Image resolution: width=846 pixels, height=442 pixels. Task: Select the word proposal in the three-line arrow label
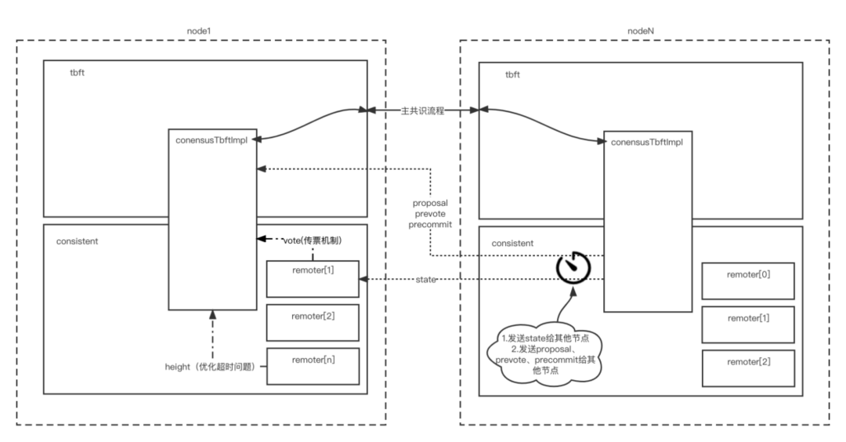coord(430,203)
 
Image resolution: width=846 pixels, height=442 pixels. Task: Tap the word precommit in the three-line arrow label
coord(430,225)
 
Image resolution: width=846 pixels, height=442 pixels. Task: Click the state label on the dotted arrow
coord(426,279)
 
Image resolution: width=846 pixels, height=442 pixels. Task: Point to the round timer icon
coord(573,267)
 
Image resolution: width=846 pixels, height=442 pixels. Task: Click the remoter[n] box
coord(313,366)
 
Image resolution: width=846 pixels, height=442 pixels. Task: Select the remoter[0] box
coord(748,281)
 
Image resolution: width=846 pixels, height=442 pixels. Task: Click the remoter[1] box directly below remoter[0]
coord(748,324)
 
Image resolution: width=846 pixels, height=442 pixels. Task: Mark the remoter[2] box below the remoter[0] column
coord(748,368)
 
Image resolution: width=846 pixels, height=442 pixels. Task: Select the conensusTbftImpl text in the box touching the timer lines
coord(648,143)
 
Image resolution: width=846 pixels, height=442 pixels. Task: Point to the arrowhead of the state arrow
coord(363,279)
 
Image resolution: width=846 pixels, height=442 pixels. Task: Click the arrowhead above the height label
coord(212,315)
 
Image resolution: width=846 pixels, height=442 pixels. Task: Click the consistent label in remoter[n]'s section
coord(78,241)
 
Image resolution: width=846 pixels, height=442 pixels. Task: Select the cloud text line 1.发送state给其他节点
coord(547,338)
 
